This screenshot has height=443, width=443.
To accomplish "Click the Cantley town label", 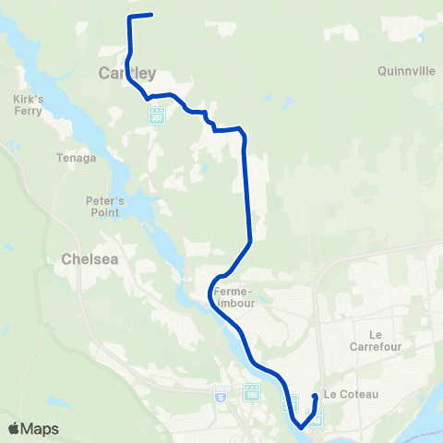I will (x=126, y=73).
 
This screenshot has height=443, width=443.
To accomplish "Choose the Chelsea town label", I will (x=89, y=259).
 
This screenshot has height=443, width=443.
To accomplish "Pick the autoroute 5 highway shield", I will (x=221, y=394).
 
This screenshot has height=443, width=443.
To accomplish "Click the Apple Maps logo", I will (x=33, y=429).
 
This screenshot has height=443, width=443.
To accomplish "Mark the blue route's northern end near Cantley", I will (x=150, y=15).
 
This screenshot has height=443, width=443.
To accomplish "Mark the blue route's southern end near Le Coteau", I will (x=316, y=397).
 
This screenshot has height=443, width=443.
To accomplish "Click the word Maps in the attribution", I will (x=41, y=429).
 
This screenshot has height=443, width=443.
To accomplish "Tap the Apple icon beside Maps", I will (x=13, y=428).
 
